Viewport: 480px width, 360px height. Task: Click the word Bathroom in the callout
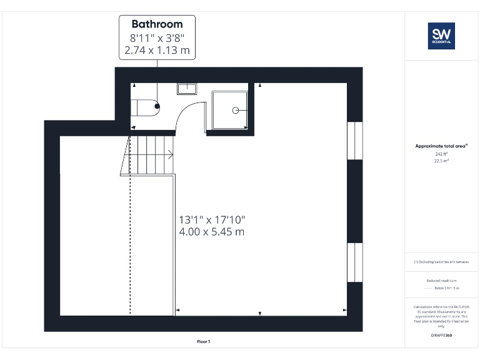pos(157,24)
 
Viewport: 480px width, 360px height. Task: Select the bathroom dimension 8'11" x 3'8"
pos(157,37)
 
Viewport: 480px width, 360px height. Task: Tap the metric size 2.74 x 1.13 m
pos(157,50)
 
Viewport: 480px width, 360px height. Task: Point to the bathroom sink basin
pos(187,88)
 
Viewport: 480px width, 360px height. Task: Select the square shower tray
pos(229,110)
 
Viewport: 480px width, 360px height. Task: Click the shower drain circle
pos(236,110)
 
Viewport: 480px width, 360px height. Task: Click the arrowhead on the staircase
pos(171,154)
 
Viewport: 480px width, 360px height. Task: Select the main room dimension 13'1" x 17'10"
pos(212,220)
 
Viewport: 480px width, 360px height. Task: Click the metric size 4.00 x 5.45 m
pos(211,232)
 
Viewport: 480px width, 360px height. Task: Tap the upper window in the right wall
pos(354,141)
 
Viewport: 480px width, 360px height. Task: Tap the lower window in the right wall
pos(354,262)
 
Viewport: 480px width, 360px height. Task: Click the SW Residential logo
pos(441,36)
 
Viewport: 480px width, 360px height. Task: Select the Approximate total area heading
pos(441,146)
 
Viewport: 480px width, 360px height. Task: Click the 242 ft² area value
pos(441,154)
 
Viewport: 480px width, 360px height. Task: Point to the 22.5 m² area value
pos(441,161)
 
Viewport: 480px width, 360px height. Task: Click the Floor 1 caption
pos(204,341)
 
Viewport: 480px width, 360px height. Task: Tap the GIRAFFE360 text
pos(441,336)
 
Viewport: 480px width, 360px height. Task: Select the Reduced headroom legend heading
pos(441,281)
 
